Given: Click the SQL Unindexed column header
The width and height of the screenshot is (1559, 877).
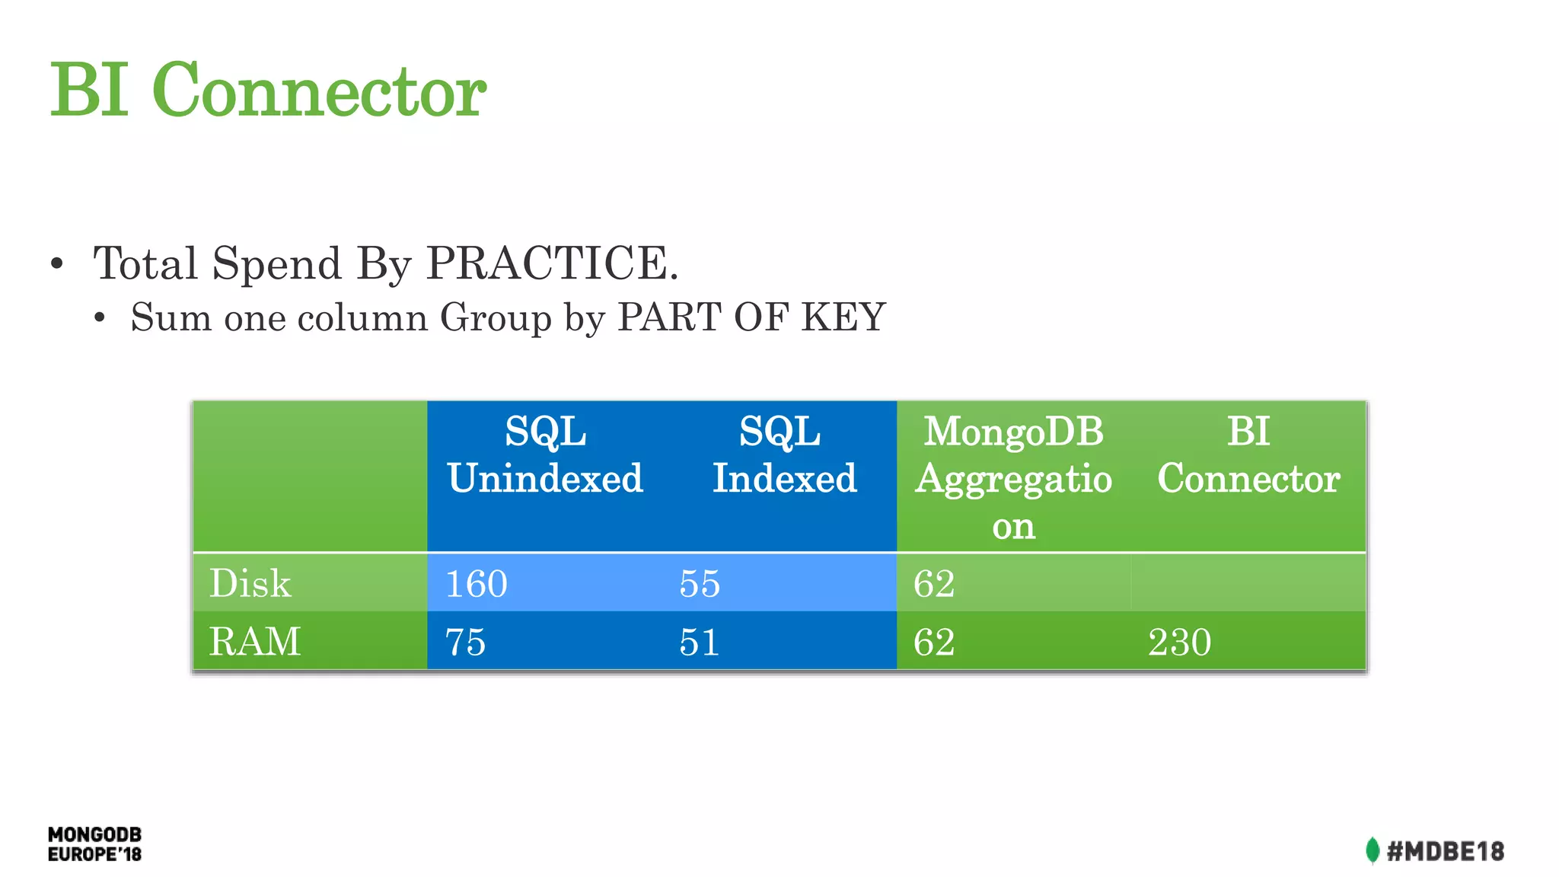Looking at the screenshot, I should (x=545, y=456).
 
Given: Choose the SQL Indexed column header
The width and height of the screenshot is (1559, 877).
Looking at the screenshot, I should (x=783, y=456).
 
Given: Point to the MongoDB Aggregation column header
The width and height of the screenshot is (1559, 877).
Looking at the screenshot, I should (x=1013, y=478).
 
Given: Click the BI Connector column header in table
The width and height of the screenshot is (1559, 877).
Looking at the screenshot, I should (x=1248, y=456).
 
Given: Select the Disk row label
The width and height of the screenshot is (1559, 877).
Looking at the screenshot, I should (x=250, y=584).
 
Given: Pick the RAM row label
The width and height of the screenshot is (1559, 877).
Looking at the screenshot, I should (x=255, y=642).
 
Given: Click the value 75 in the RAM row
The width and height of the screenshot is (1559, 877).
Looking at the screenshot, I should (x=465, y=643).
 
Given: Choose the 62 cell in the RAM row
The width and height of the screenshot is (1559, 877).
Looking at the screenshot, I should (x=934, y=643).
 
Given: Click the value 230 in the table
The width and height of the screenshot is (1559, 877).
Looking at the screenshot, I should (x=1179, y=643).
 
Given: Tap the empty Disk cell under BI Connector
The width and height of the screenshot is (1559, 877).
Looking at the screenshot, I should (x=1248, y=583).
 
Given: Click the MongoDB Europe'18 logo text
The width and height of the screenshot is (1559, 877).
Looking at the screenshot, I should (x=94, y=844).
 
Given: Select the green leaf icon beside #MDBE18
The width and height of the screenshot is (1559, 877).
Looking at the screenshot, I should (x=1372, y=850).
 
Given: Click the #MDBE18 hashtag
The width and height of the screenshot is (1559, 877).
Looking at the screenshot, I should (x=1445, y=851).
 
